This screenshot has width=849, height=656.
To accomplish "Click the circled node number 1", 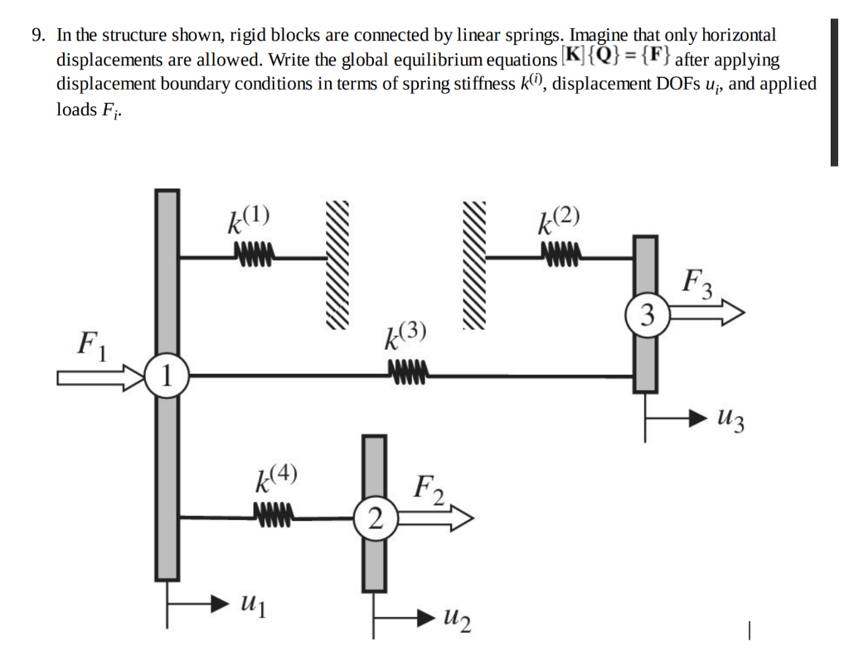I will pyautogui.click(x=167, y=377).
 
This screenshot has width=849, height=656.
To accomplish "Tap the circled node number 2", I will pyautogui.click(x=375, y=520).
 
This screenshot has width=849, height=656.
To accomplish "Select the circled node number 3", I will pyautogui.click(x=649, y=314).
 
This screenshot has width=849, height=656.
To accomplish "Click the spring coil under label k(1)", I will pyautogui.click(x=254, y=251).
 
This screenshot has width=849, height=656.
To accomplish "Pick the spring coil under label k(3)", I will pyautogui.click(x=406, y=370).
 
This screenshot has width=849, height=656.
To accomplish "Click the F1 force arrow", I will pyautogui.click(x=99, y=378).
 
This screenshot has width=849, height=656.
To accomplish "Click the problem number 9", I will pyautogui.click(x=37, y=36).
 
